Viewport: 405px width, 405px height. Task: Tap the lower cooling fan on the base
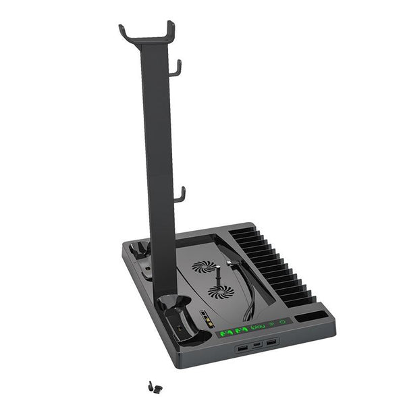[x=221, y=291]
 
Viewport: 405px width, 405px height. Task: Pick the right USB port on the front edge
[x=271, y=345]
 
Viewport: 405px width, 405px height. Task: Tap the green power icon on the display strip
[x=282, y=323]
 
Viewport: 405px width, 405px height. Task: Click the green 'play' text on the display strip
[x=257, y=327]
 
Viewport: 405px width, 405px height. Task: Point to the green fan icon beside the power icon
[x=271, y=325]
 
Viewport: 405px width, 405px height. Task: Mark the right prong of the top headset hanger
[x=171, y=26]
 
